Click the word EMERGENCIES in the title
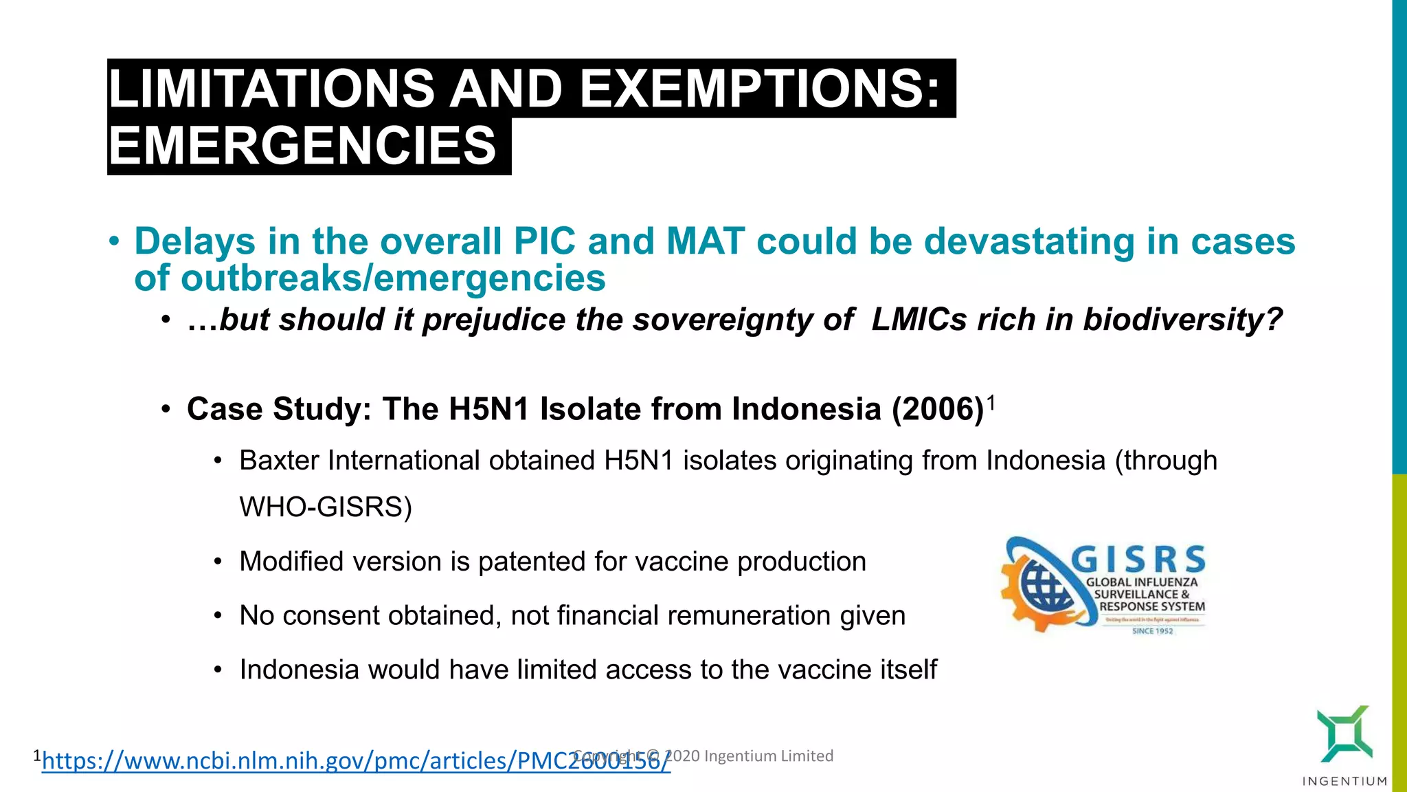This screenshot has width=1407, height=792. coord(302,146)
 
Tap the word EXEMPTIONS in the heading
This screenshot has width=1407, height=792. coord(760,89)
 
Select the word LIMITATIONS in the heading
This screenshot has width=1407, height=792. coord(271,89)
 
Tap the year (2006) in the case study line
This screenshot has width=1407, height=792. coord(938,410)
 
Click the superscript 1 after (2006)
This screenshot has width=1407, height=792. coord(991,401)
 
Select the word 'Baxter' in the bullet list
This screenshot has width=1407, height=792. coord(279,461)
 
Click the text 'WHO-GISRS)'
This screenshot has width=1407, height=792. coord(326,507)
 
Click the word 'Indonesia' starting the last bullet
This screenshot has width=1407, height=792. coord(299,670)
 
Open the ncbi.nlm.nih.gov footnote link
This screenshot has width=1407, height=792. coord(356,761)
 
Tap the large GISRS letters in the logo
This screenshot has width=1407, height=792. coord(1138,560)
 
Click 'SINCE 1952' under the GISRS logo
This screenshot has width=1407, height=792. coord(1152,631)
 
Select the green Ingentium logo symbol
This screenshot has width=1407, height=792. coord(1344,733)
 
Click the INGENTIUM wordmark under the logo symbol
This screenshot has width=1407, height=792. coord(1344,781)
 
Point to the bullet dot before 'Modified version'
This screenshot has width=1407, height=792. coord(218,562)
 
